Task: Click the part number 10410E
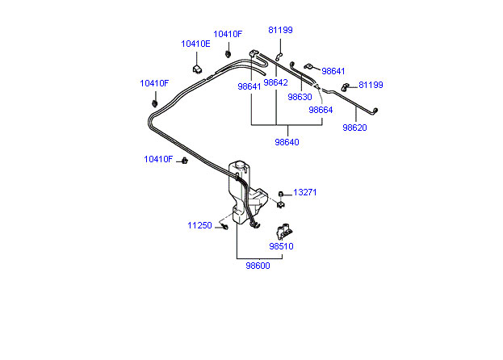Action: [x=195, y=44]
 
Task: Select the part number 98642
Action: [x=275, y=82]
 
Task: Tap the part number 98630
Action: [x=300, y=96]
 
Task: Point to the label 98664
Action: [x=321, y=111]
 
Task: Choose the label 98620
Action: [x=354, y=128]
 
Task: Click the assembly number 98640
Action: [x=287, y=141]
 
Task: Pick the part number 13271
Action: [x=305, y=193]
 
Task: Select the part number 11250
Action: [x=199, y=225]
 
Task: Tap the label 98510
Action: [x=281, y=246]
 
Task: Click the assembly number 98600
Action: [x=258, y=266]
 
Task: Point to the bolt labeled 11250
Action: [x=224, y=227]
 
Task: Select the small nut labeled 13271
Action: [x=280, y=194]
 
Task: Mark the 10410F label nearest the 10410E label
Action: [x=228, y=34]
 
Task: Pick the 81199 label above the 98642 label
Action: [x=281, y=30]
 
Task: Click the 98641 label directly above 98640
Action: [x=249, y=86]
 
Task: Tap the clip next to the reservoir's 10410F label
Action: [x=183, y=161]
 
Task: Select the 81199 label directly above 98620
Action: [x=371, y=84]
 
